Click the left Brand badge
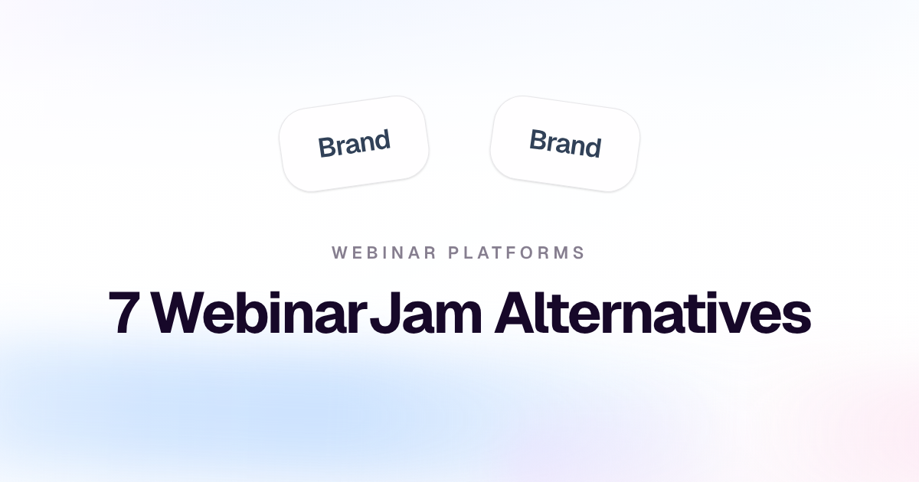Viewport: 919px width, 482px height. click(354, 144)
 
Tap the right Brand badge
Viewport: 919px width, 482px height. click(565, 144)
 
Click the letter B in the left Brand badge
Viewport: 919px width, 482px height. click(326, 147)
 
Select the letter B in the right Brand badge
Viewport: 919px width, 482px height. click(538, 140)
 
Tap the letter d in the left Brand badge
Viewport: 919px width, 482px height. click(381, 140)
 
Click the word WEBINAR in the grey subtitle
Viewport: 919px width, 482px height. click(384, 252)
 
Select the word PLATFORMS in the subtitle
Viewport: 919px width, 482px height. click(516, 252)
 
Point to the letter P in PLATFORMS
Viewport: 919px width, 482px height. click(453, 252)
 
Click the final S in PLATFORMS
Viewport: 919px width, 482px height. click(580, 252)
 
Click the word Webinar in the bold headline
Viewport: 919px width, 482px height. click(260, 312)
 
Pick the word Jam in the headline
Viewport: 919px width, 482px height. click(425, 312)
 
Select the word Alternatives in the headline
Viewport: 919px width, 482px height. click(652, 312)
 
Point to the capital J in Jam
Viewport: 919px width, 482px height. click(384, 313)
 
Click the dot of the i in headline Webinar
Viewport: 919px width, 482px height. click(277, 295)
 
